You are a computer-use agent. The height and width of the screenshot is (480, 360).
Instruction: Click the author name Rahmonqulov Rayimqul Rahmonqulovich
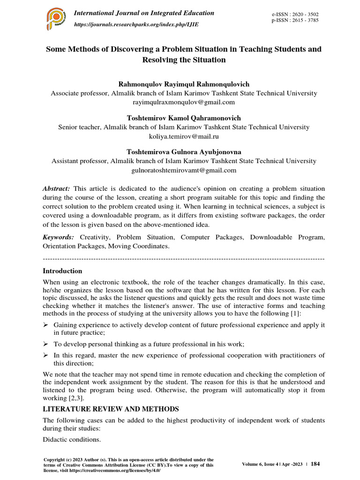pyautogui.click(x=183, y=84)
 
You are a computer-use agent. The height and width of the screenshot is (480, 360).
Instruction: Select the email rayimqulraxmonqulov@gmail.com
pyautogui.click(x=183, y=102)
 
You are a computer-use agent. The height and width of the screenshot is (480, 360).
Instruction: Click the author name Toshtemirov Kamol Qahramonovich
pyautogui.click(x=183, y=118)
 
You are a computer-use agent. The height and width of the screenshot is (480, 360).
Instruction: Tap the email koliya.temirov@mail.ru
pyautogui.click(x=183, y=136)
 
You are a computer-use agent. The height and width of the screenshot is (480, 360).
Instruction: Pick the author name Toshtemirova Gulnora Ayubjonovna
pyautogui.click(x=183, y=152)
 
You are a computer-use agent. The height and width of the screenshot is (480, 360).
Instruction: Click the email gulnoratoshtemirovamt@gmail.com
pyautogui.click(x=183, y=170)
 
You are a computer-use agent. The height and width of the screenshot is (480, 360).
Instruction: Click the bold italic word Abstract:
pyautogui.click(x=56, y=188)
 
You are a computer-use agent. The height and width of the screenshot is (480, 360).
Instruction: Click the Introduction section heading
pyautogui.click(x=62, y=271)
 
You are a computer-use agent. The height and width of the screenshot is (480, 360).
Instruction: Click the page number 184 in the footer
pyautogui.click(x=315, y=464)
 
